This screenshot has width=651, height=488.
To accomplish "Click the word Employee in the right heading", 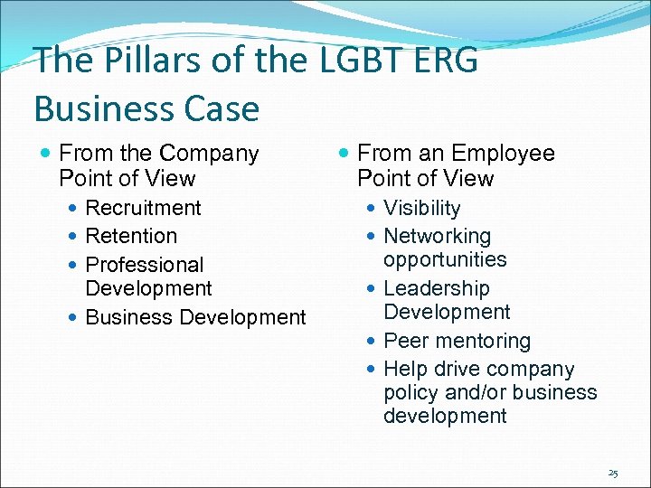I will pos(504,154).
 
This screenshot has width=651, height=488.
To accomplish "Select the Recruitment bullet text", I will pos(143,208).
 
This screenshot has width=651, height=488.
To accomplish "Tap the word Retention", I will pos(131,236).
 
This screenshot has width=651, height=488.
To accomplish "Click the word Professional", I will pos(145,265).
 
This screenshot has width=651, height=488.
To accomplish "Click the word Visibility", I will pos(422,208).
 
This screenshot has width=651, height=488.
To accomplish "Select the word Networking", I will pos(438,236).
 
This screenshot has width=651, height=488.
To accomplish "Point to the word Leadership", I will pos(437,288).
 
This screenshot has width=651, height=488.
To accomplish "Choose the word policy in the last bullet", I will pos(410,393).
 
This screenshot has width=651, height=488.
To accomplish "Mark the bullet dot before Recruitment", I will pos(72,209).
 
